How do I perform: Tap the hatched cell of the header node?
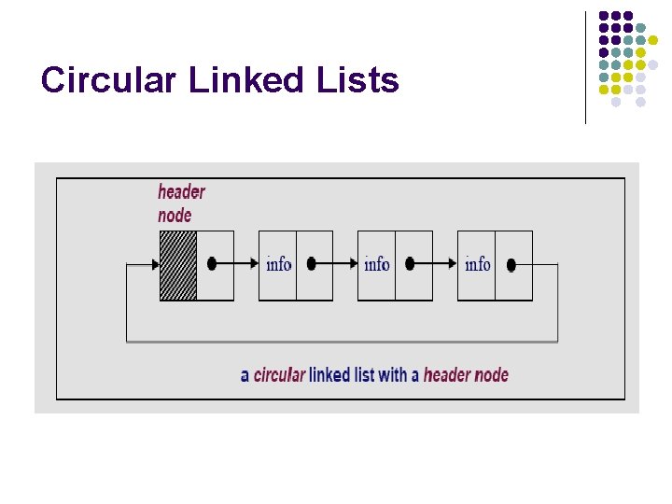tap(178, 265)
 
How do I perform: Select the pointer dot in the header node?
tap(212, 264)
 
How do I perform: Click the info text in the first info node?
tap(278, 264)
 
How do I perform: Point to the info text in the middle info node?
tap(377, 264)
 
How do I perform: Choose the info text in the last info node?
tap(477, 264)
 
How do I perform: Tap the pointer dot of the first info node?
tap(312, 264)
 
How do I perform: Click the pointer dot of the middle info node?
tap(411, 264)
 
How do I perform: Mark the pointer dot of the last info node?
tap(511, 265)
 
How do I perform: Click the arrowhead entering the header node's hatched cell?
tap(154, 265)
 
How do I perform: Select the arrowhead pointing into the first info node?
tap(253, 264)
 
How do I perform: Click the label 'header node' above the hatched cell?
tap(180, 203)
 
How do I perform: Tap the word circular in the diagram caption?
tap(279, 375)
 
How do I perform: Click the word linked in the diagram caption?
tap(329, 375)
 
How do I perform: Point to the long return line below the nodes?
tap(342, 342)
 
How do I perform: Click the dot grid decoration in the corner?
tap(631, 58)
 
